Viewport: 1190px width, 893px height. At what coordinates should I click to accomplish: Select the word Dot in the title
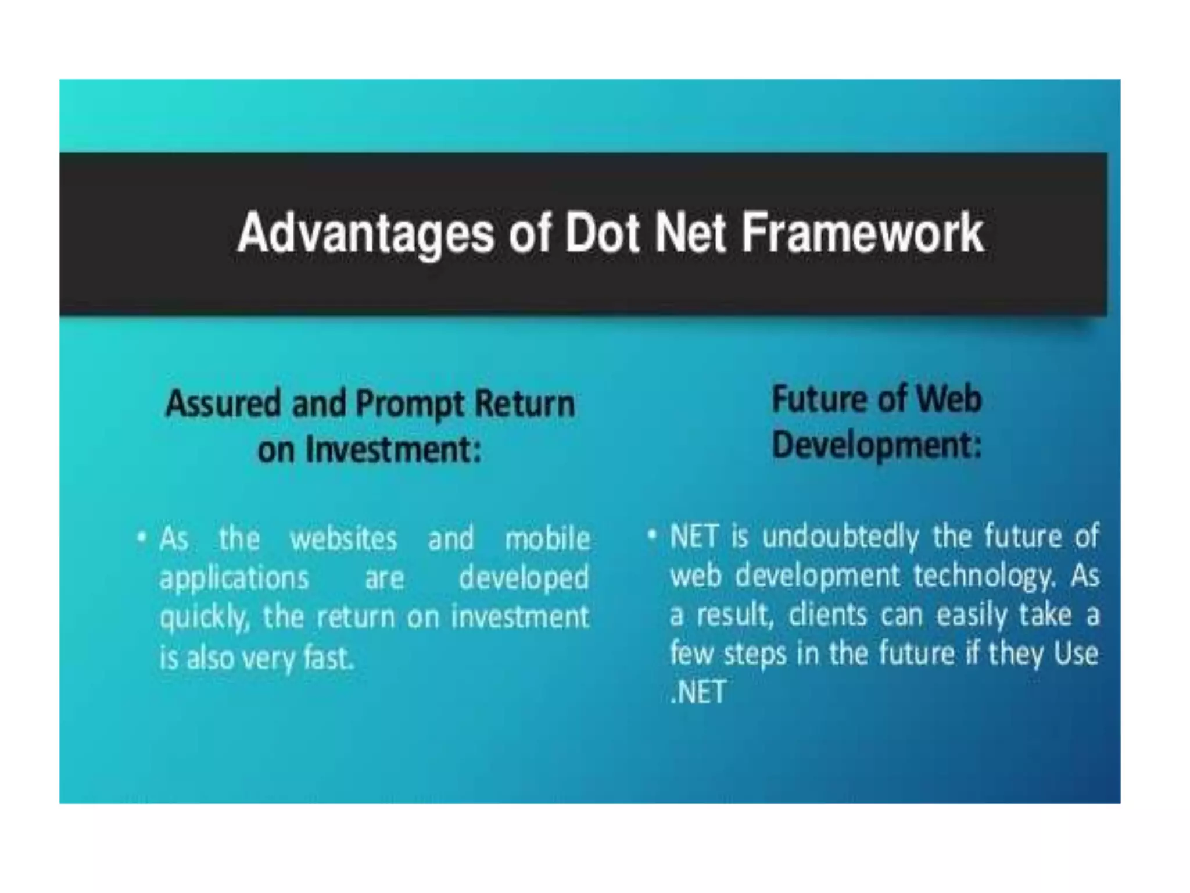(x=602, y=233)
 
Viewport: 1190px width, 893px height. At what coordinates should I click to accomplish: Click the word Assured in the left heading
(x=223, y=403)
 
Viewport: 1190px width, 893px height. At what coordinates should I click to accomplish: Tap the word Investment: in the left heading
(x=393, y=449)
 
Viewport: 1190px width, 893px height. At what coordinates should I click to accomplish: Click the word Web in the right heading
(x=948, y=400)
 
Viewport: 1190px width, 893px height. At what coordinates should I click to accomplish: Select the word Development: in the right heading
(x=876, y=446)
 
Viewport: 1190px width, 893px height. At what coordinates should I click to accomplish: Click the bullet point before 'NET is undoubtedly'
(x=652, y=534)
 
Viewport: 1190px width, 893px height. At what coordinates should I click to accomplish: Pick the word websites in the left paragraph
(x=343, y=539)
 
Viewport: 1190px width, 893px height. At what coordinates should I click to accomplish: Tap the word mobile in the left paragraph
(x=547, y=539)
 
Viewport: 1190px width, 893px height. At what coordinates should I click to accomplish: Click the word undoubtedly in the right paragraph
(x=840, y=536)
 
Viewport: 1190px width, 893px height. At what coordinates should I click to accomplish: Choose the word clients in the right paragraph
(x=827, y=615)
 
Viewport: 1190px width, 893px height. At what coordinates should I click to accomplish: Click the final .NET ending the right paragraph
(x=698, y=692)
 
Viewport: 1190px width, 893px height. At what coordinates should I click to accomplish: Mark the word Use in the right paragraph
(x=1076, y=653)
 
